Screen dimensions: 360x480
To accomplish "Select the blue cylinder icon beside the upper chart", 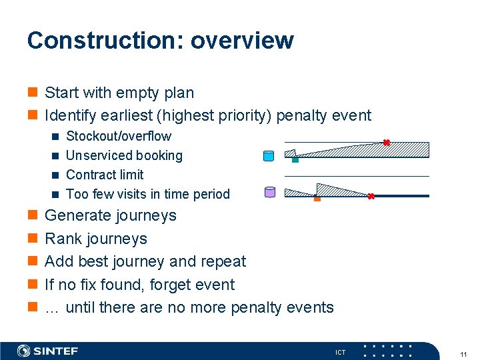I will click(x=269, y=157).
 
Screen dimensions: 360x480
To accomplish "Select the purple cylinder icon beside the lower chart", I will click(x=270, y=193).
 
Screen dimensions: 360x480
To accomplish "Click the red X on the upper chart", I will click(x=386, y=142).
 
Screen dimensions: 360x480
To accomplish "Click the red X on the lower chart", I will click(x=371, y=196).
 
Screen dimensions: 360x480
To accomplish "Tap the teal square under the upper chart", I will click(x=295, y=159).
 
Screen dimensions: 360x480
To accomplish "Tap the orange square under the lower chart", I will click(x=317, y=198).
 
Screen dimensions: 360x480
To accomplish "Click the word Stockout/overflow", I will click(x=119, y=136).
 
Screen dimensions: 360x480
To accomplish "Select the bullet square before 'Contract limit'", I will click(x=56, y=175).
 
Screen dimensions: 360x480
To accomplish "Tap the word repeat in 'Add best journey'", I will click(x=223, y=261).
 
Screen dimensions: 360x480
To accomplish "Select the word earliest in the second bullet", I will click(x=123, y=115).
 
